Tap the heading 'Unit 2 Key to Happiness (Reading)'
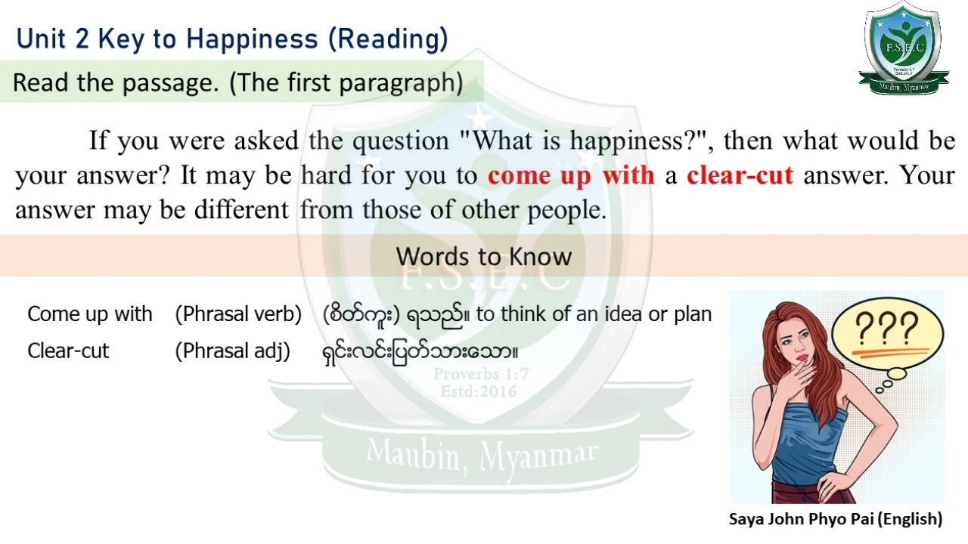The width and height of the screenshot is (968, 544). point(232,39)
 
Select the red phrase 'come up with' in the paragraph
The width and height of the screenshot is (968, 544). point(571,175)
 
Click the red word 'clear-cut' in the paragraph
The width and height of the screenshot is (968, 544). point(740,175)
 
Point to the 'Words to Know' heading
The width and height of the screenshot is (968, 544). point(484,256)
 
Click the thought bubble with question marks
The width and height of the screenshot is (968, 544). point(887,333)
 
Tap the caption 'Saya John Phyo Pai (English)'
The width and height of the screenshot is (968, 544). point(836,519)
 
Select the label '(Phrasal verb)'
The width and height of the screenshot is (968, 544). point(238,314)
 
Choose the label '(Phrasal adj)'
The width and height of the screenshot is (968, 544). point(233,351)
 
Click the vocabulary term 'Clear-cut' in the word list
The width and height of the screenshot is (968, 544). point(68,351)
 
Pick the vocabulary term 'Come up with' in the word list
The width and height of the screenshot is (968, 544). point(89,314)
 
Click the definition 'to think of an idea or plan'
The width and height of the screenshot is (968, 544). point(594,314)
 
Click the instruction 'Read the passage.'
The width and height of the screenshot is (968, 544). point(116,82)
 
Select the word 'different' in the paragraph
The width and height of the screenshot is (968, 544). point(241,210)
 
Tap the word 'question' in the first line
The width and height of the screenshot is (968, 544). point(401,141)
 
